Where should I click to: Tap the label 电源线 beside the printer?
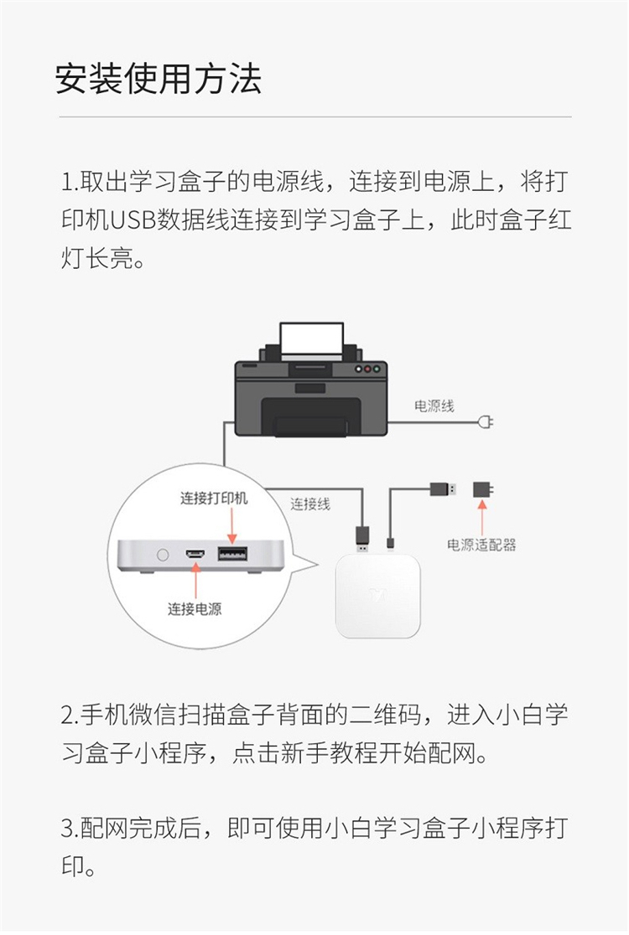coord(434,406)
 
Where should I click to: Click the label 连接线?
coord(310,504)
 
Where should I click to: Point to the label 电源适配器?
coord(481,545)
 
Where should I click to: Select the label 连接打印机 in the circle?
coord(214,498)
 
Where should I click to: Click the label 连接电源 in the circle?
coord(195,609)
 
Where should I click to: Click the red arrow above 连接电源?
coord(195,581)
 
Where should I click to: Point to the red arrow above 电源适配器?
coord(482,516)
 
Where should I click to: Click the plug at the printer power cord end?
coord(486,423)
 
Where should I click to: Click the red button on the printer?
coord(367,369)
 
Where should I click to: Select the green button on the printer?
coord(377,369)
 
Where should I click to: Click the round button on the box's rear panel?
coord(163,555)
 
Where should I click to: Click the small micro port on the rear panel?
coord(195,555)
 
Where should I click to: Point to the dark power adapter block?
coord(482,489)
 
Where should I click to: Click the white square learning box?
coord(377,595)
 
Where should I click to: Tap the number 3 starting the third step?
coord(66,829)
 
